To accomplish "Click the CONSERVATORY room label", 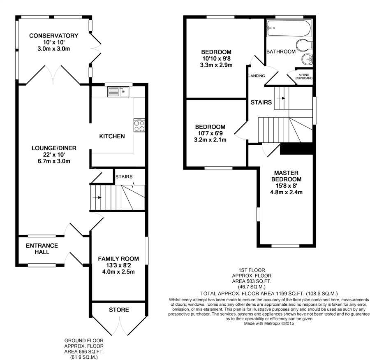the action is [x=53, y=36].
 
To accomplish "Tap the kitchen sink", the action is [x=118, y=92].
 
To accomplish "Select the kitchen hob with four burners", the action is [x=139, y=125].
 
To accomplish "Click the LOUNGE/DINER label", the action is [x=54, y=148].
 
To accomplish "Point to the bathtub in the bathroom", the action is [x=289, y=28].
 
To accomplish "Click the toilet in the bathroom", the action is [x=304, y=45].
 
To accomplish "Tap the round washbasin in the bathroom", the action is [x=307, y=59].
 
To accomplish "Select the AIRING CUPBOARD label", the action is [x=304, y=76].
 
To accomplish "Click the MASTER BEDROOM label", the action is [x=286, y=176].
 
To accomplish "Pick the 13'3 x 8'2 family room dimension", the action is [x=118, y=265].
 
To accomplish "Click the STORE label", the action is [x=119, y=310].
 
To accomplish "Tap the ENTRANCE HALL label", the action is [x=42, y=249].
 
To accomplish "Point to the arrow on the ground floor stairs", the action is [x=97, y=197].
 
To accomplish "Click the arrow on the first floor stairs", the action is [x=281, y=98].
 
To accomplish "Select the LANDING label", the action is [x=257, y=76].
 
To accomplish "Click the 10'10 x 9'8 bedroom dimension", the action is [x=216, y=58].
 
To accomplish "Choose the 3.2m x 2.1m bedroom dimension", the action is [x=210, y=139].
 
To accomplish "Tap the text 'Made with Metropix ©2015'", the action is [x=269, y=323].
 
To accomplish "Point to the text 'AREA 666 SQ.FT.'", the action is [x=84, y=352].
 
